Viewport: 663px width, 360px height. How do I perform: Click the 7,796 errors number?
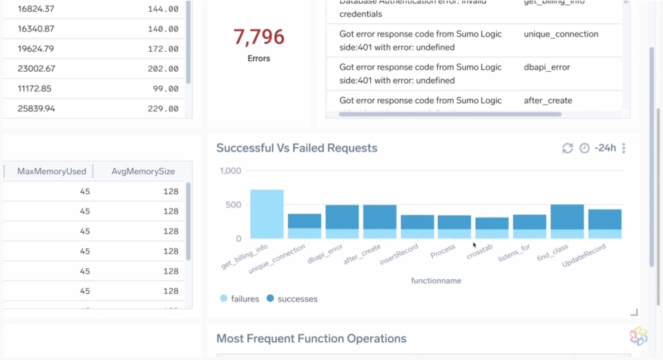[258, 37]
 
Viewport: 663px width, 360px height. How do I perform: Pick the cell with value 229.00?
[163, 108]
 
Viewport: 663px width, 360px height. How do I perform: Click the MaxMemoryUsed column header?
[52, 171]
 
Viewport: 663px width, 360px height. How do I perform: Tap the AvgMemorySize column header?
[143, 171]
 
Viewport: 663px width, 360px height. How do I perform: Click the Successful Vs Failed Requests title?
[296, 148]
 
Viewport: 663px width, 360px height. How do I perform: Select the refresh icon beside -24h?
[568, 149]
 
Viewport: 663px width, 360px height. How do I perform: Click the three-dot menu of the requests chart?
[624, 149]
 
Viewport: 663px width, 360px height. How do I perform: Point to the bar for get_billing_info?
[267, 214]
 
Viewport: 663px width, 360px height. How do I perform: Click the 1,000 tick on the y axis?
[230, 171]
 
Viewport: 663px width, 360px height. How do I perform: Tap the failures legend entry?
[240, 299]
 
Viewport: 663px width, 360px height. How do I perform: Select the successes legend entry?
[291, 299]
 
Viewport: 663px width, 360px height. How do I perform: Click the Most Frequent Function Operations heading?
[311, 339]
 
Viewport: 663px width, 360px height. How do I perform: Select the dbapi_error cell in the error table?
[546, 67]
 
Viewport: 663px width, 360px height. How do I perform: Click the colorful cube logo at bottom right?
[639, 337]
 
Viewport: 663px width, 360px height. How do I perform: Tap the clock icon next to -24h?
[584, 149]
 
